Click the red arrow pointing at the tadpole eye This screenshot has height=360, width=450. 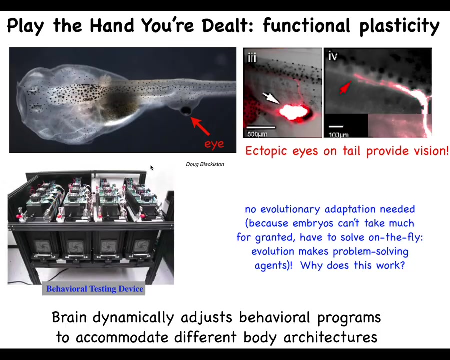tap(200, 126)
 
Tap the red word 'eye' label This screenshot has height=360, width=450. tap(214, 144)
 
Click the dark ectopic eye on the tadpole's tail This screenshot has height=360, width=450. tap(186, 110)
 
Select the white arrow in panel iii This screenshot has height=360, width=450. tap(270, 98)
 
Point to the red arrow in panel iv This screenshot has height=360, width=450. tap(345, 87)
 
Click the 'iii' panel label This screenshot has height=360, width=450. tap(252, 57)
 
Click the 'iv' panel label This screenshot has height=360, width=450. tap(333, 56)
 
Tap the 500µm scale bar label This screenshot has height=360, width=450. tap(257, 134)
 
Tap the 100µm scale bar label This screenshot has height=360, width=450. tap(338, 135)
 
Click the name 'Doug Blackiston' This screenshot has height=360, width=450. tap(205, 164)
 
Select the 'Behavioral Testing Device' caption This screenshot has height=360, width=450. tap(95, 289)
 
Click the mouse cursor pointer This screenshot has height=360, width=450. tap(152, 168)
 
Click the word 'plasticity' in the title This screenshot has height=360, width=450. tap(399, 26)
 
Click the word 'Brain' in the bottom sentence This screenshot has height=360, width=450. tap(69, 317)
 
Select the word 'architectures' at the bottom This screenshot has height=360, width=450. tap(330, 337)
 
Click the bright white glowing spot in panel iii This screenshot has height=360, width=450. tap(294, 112)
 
